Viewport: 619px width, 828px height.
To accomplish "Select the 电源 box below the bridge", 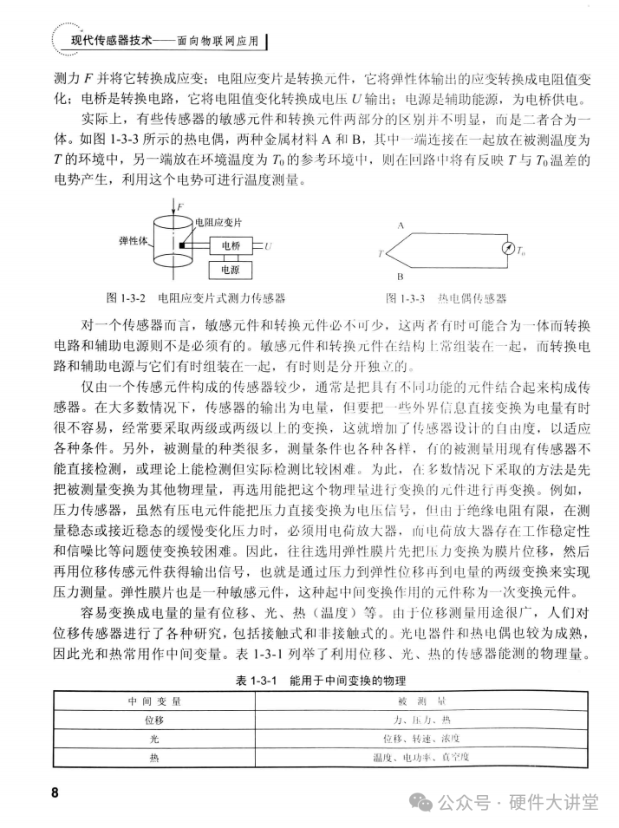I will tap(230, 270).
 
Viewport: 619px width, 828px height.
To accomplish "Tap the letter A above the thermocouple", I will tap(400, 224).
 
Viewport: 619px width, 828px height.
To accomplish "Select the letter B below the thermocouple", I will tap(400, 278).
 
